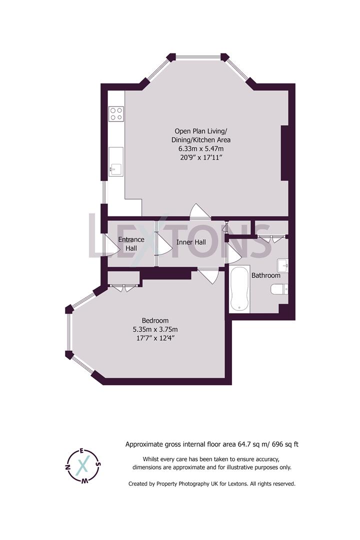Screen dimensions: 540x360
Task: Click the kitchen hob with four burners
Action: click(116, 114)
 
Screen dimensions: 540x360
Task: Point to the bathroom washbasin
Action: click(282, 264)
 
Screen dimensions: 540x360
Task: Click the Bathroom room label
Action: click(265, 275)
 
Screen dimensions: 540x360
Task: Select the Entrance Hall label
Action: click(131, 243)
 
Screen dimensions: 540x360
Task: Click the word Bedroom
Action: click(155, 320)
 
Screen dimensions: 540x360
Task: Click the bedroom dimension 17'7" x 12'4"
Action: click(155, 338)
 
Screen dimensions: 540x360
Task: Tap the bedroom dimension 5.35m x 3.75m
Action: click(155, 329)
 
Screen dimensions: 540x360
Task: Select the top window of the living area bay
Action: click(198, 56)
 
